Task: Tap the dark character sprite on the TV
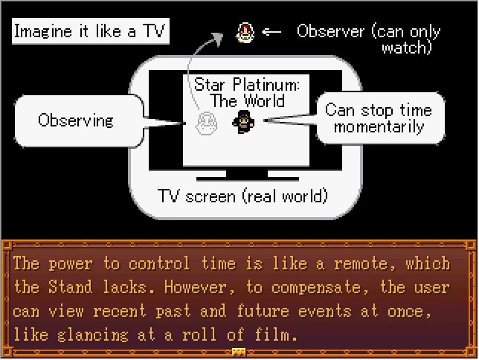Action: coord(242,121)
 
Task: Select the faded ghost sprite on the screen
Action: coord(205,123)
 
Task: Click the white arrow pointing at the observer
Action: coord(272,31)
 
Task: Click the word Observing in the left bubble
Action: coord(75,120)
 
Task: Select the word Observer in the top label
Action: coord(330,31)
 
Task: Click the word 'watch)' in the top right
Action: coord(408,48)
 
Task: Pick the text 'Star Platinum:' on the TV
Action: coord(247,86)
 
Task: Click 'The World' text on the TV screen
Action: coord(247,101)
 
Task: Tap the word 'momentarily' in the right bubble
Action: coord(379,126)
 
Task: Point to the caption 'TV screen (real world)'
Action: coord(242,196)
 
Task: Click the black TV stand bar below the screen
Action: coord(242,179)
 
